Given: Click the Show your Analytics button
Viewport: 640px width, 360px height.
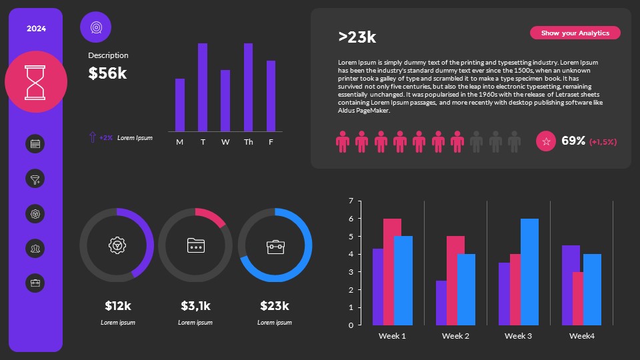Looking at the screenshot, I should pyautogui.click(x=575, y=33).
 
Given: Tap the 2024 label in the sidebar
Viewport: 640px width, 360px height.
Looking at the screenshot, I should pyautogui.click(x=36, y=29).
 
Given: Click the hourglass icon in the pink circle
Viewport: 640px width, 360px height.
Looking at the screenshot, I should pyautogui.click(x=36, y=81).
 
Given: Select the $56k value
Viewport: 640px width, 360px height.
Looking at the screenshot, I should pyautogui.click(x=107, y=73).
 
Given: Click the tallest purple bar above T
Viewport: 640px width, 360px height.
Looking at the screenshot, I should pyautogui.click(x=203, y=87).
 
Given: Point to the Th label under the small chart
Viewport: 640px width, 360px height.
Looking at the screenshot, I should pyautogui.click(x=248, y=142).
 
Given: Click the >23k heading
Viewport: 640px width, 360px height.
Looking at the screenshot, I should pyautogui.click(x=357, y=37).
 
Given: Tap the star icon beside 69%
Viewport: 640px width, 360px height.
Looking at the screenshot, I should pyautogui.click(x=546, y=141).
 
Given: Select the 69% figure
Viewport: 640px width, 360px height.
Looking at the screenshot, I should pyautogui.click(x=573, y=141).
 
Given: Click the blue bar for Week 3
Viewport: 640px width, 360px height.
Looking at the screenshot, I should pyautogui.click(x=529, y=272).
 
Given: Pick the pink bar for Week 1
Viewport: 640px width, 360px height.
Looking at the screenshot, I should pyautogui.click(x=392, y=272).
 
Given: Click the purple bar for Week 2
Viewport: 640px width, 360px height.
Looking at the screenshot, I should pyautogui.click(x=441, y=303).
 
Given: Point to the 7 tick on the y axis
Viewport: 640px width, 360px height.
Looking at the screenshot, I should pyautogui.click(x=351, y=201).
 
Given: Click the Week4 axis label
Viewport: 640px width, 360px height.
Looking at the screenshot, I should pyautogui.click(x=581, y=336).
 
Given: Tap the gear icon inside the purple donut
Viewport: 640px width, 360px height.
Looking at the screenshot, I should pyautogui.click(x=117, y=245).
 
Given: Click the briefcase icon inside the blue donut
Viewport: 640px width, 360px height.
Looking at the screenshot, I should pyautogui.click(x=275, y=246).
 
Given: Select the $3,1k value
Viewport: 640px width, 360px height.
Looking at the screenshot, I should pyautogui.click(x=195, y=306).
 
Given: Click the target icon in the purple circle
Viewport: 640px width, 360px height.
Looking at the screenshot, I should pyautogui.click(x=95, y=27).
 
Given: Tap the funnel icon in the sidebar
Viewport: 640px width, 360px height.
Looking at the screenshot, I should pyautogui.click(x=35, y=179).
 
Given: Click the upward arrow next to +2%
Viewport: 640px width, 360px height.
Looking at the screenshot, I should pyautogui.click(x=92, y=137).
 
